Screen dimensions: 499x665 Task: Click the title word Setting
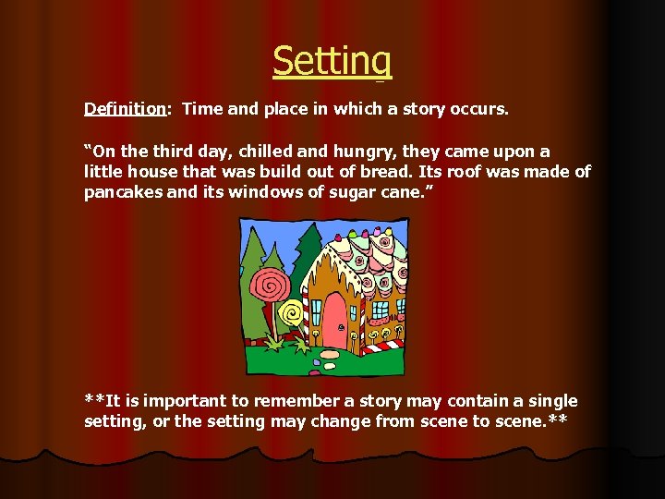point(332,61)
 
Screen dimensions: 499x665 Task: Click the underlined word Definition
point(125,109)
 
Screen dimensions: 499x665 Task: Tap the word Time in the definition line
point(202,109)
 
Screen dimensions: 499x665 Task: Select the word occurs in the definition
point(478,109)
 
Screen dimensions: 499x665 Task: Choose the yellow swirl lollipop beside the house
point(292,314)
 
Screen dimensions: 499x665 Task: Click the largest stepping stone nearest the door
point(330,354)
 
